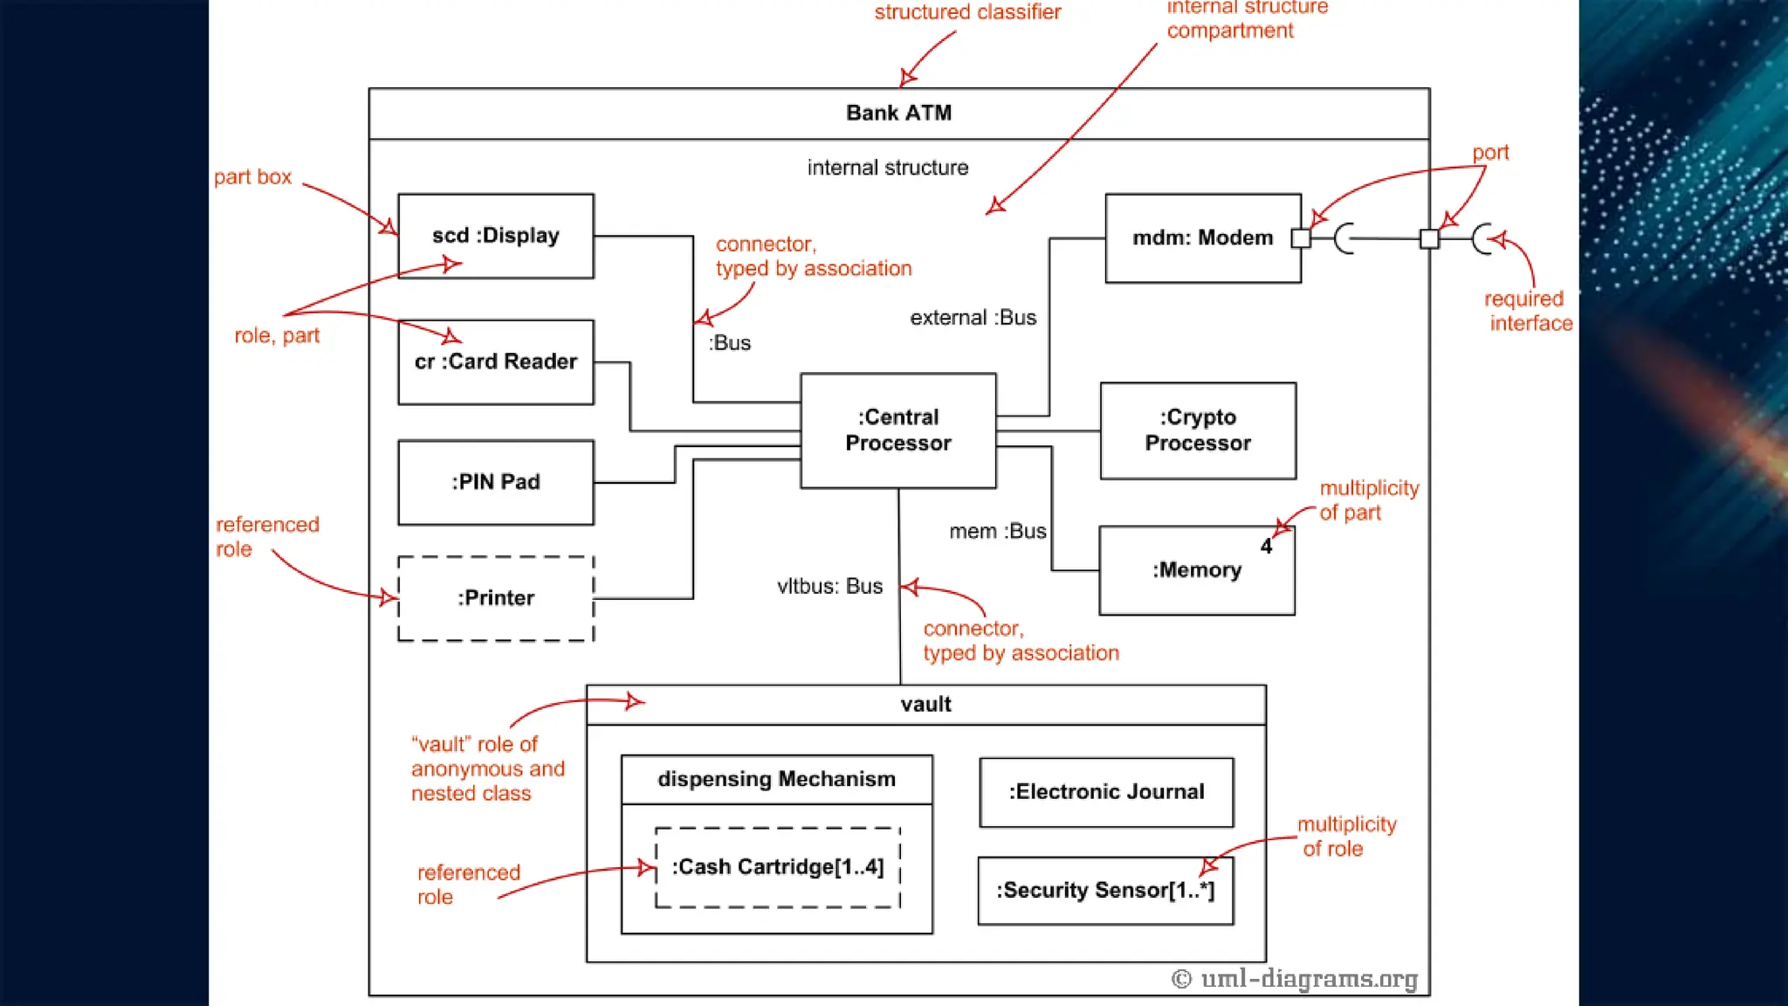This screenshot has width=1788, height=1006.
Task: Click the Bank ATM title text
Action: tap(898, 113)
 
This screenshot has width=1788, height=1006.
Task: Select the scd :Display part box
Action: tap(495, 236)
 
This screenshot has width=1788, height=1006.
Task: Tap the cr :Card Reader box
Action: tap(495, 362)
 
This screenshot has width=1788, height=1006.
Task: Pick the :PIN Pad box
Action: tap(495, 482)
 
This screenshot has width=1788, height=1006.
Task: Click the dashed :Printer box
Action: tap(495, 598)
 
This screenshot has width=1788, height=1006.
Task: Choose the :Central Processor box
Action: tap(897, 430)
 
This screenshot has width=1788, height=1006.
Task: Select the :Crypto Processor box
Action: tap(1198, 430)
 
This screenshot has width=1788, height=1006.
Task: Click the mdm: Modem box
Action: tap(1202, 238)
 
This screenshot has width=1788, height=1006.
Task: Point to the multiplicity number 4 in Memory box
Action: tap(1266, 547)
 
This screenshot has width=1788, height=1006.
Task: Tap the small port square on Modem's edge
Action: tap(1301, 238)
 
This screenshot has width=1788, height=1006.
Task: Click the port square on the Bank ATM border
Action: tap(1429, 238)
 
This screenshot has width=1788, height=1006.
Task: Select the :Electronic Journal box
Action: tap(1106, 792)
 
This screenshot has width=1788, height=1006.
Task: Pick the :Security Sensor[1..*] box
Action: tap(1105, 890)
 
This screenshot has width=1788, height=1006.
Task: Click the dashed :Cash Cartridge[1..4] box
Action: tap(777, 867)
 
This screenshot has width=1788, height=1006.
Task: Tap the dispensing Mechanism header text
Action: tap(776, 779)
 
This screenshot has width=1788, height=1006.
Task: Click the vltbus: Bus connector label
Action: tap(829, 586)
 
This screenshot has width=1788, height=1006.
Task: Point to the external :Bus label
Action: tap(973, 318)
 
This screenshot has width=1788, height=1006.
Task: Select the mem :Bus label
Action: tap(997, 531)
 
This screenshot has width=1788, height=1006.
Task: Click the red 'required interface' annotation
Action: tap(1527, 311)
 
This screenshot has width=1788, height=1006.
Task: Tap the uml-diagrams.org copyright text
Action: tap(1295, 978)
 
